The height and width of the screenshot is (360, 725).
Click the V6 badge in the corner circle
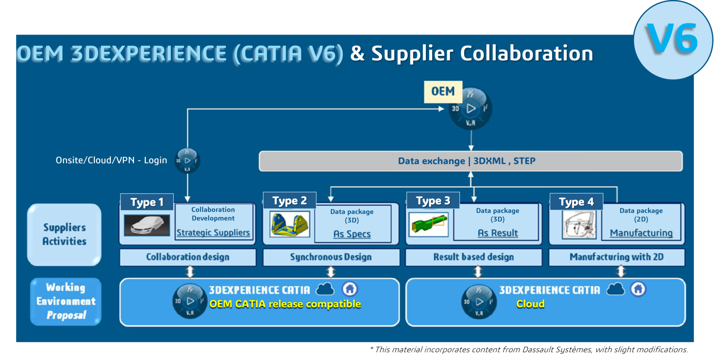673,39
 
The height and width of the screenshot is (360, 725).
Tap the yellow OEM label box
443,92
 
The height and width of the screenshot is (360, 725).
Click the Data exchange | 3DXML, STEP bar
470,161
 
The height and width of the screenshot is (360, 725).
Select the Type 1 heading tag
147,202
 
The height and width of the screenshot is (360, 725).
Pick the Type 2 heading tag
290,201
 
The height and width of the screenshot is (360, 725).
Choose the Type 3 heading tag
433,201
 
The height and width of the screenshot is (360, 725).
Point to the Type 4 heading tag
576,202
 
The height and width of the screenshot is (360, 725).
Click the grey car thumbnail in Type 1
147,225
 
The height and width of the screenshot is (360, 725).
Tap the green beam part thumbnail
428,224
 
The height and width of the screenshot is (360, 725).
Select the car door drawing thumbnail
579,225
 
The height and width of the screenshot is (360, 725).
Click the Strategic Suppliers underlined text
213,233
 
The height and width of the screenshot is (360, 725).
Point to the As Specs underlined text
352,234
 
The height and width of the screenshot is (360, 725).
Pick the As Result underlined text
497,233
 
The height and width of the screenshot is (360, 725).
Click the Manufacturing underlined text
641,233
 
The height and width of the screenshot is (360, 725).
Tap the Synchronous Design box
331,257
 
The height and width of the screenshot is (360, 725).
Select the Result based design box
474,257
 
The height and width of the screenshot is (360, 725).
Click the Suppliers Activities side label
64,234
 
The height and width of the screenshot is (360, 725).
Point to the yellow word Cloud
530,304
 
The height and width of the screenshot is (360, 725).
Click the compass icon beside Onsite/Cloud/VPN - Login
187,161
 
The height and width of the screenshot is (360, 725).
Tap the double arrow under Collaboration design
190,272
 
